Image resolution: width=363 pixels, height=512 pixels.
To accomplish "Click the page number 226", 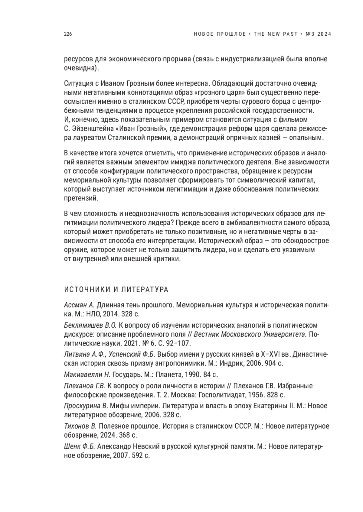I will click(68, 34).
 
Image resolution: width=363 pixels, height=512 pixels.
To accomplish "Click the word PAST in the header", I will click(288, 34).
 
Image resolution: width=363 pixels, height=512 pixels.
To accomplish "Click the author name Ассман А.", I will click(80, 305).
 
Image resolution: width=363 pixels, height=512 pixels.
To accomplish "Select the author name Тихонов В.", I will click(80, 426).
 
